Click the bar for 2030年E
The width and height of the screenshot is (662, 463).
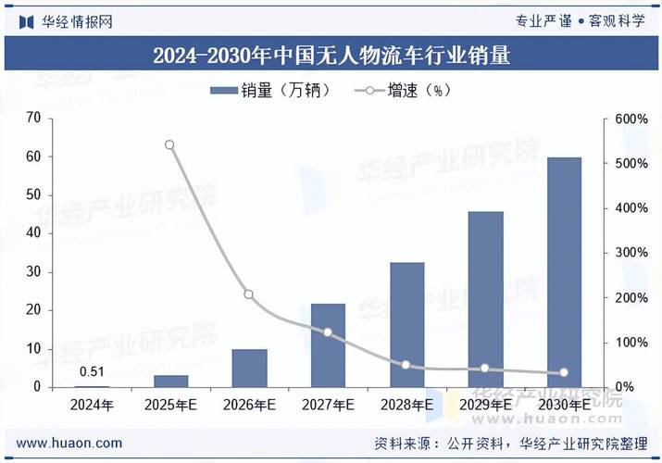564,272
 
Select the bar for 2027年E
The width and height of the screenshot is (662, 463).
328,344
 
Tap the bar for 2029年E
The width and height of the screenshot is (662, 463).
485,299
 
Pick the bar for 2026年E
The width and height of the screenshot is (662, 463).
249,368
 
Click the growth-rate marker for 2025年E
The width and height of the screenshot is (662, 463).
169,145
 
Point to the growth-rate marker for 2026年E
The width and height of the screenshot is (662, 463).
248,294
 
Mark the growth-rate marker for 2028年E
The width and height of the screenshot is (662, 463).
406,365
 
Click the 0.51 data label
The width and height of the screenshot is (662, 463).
91,372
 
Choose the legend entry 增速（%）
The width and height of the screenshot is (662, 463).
406,90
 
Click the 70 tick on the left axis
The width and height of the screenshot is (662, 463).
34,119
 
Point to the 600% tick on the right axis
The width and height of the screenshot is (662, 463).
631,119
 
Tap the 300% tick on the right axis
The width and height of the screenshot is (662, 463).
631,253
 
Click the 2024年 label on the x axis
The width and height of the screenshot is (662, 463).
91,406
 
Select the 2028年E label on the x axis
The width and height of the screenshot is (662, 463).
406,406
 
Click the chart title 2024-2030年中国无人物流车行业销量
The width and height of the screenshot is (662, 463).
331,56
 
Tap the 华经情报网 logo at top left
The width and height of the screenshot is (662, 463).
65,21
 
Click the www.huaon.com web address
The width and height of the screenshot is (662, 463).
69,443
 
